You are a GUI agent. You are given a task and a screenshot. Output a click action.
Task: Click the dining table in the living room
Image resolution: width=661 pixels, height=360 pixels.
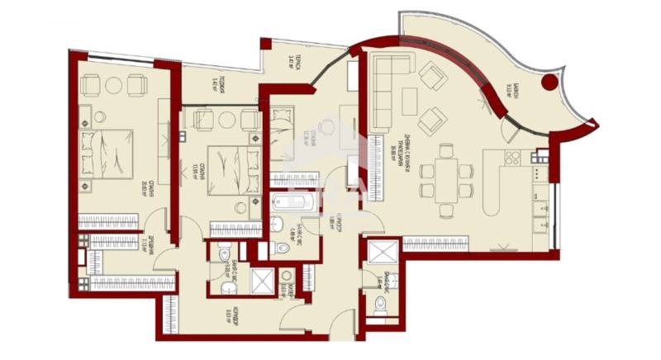[446, 173]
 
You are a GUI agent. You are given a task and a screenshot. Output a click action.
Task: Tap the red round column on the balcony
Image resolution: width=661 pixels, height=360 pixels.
[548, 82]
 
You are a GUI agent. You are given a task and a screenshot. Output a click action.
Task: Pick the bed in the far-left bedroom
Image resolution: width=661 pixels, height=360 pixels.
[107, 154]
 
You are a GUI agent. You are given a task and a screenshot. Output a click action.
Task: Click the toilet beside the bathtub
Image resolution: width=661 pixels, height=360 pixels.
[279, 224]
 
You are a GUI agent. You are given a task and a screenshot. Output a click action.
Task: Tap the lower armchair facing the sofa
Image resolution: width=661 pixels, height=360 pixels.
[432, 121]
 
